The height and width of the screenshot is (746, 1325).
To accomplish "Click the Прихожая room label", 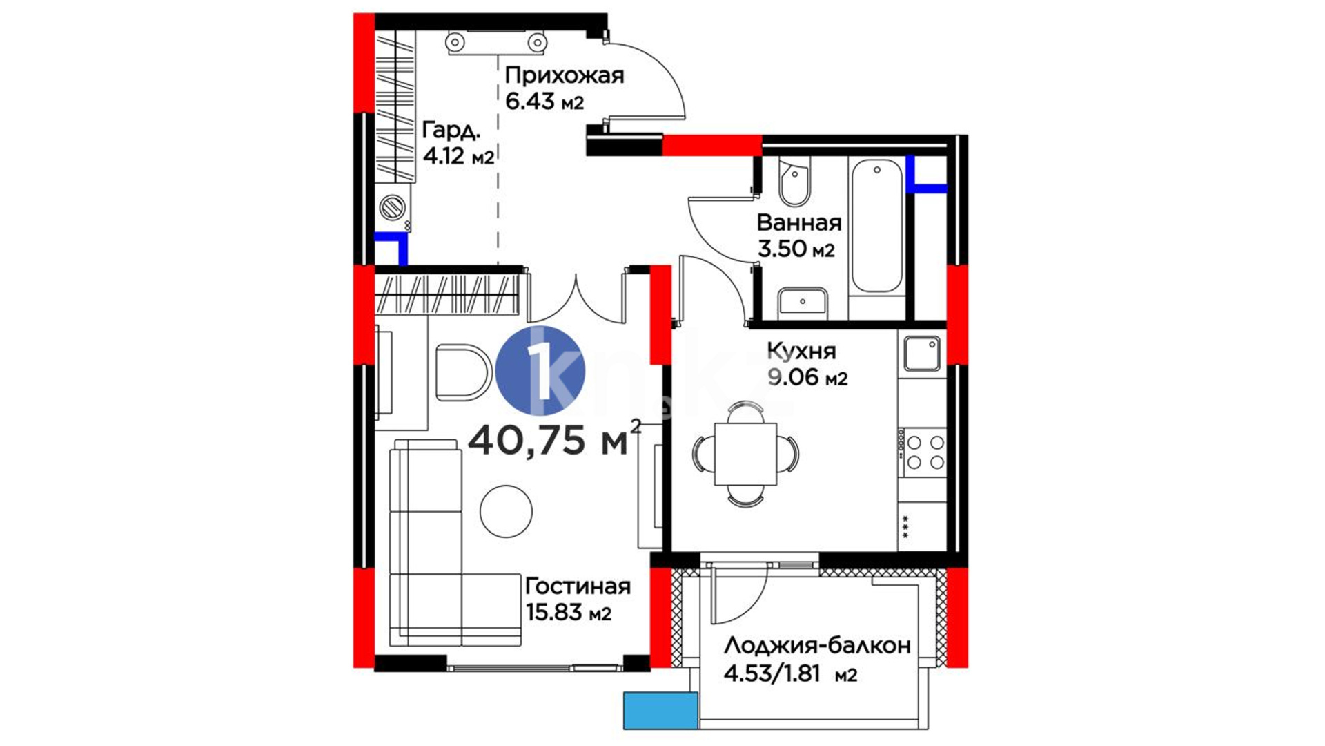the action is pyautogui.click(x=564, y=76).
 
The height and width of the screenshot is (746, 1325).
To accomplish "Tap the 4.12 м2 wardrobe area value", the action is pyautogui.click(x=458, y=156).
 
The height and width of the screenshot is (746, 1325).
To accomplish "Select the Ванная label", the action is pyautogui.click(x=799, y=222).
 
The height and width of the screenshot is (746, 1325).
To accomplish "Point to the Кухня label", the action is pyautogui.click(x=801, y=351).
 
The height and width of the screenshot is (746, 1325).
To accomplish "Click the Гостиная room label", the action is pyautogui.click(x=578, y=586).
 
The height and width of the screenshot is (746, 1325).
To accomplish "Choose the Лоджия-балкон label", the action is pyautogui.click(x=817, y=646).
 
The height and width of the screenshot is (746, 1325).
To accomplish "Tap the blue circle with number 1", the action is pyautogui.click(x=540, y=371).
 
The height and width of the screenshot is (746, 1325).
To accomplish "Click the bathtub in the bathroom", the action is pyautogui.click(x=876, y=226).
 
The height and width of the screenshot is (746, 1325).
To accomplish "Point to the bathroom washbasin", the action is pyautogui.click(x=803, y=302).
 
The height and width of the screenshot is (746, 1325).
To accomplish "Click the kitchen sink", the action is pyautogui.click(x=922, y=354).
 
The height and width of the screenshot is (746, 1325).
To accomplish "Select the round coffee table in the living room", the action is pyautogui.click(x=506, y=511).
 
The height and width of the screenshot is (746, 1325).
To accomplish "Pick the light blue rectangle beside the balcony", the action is pyautogui.click(x=661, y=711).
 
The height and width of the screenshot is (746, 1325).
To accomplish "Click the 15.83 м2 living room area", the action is pyautogui.click(x=569, y=613).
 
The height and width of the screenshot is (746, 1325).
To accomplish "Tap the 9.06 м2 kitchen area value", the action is pyautogui.click(x=807, y=378).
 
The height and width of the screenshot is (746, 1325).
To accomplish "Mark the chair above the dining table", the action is pyautogui.click(x=746, y=412).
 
